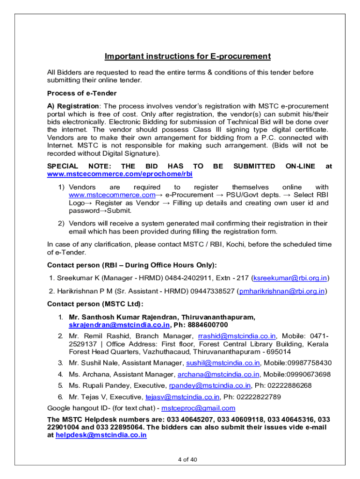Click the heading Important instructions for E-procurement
pos(187,57)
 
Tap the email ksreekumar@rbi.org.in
pos(289,278)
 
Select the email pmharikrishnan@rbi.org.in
pos(282,291)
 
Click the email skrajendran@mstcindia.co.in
pos(119,325)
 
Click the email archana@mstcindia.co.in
pos(218,374)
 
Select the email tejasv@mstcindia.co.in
pos(182,397)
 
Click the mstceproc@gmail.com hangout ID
pos(198,408)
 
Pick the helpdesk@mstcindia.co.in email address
pos(101,435)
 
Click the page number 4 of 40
pos(187,459)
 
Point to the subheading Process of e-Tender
pos(82,94)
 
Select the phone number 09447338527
pos(212,291)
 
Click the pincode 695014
pos(276,352)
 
